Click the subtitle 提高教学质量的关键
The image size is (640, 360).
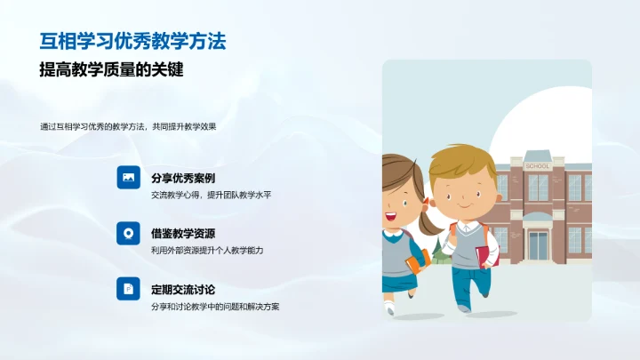tap(117, 70)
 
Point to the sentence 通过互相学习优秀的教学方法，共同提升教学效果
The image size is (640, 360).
tap(128, 126)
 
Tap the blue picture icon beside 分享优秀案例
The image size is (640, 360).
tap(128, 178)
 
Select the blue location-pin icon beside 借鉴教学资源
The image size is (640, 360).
tap(128, 233)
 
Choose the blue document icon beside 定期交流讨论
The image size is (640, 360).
tap(128, 289)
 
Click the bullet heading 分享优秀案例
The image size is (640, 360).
tap(183, 178)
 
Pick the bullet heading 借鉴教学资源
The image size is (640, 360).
tap(183, 234)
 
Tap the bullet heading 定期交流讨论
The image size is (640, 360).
tap(183, 290)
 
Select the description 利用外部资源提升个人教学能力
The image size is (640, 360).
tap(207, 251)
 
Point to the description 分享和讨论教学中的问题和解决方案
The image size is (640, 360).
tap(216, 307)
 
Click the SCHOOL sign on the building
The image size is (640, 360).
tap(538, 166)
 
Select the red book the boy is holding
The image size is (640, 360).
tap(483, 256)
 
